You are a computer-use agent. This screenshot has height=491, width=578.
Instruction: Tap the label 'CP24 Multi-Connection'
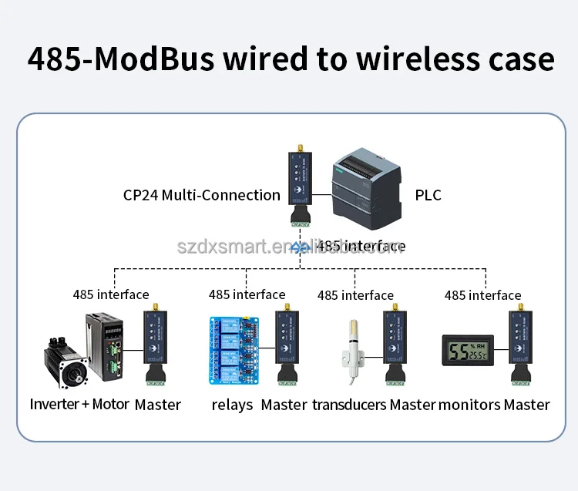point(202,195)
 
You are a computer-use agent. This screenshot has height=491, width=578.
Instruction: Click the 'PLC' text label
point(428,195)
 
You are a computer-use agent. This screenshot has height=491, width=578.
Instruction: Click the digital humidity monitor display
point(468,350)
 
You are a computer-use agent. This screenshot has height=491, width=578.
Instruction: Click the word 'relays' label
point(232,405)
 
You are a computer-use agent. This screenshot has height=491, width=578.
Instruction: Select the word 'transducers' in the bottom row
point(349,405)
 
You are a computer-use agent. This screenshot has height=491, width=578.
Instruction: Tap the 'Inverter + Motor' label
point(79,405)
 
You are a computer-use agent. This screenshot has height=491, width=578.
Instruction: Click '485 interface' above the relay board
point(247,294)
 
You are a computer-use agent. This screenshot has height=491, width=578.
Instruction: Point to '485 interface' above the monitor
point(482,295)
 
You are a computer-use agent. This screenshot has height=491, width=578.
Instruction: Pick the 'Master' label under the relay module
point(284,405)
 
